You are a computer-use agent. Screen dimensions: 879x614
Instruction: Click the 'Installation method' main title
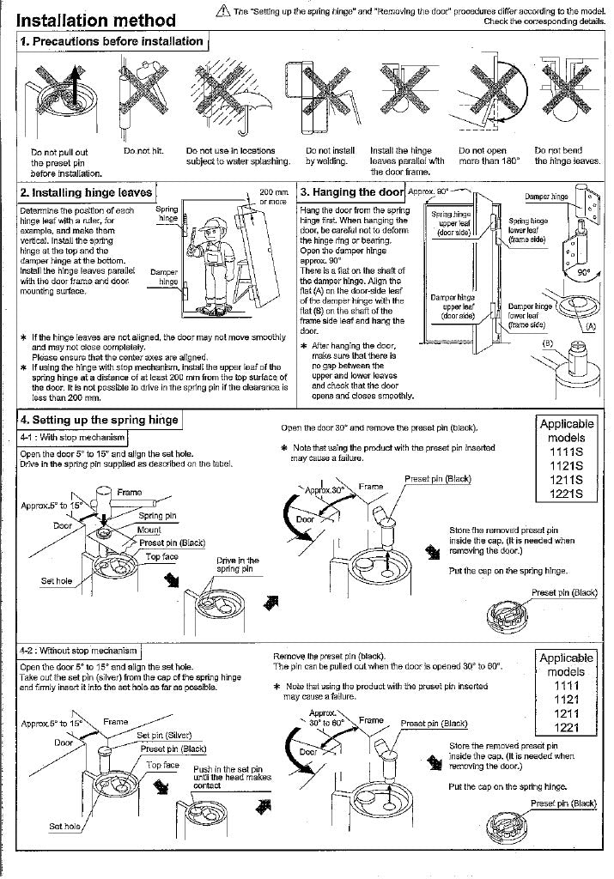[96, 20]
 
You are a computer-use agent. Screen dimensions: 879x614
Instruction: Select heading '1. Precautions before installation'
[111, 41]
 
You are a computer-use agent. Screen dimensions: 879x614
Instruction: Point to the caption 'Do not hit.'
[142, 151]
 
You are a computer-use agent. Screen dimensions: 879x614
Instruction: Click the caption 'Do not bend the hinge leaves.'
[567, 155]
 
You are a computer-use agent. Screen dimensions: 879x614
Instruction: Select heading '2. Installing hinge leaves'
[86, 193]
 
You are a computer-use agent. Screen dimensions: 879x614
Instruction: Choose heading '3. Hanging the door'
[351, 192]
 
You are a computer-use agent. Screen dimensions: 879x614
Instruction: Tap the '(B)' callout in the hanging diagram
[545, 343]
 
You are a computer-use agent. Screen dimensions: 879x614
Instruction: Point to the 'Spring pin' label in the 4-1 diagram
[156, 516]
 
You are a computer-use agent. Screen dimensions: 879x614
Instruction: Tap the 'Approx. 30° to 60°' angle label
[325, 718]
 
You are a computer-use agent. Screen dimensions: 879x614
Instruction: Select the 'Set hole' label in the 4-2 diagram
[65, 826]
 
